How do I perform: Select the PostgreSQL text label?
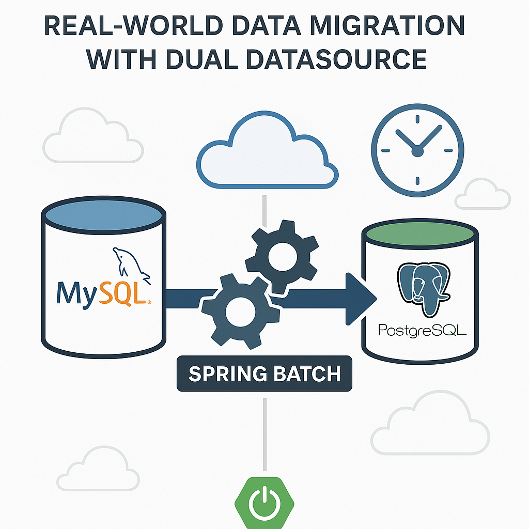pyautogui.click(x=422, y=330)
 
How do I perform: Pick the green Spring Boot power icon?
pyautogui.click(x=264, y=504)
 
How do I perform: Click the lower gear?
pyautogui.click(x=240, y=310)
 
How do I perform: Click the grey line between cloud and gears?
pyautogui.click(x=264, y=209)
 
